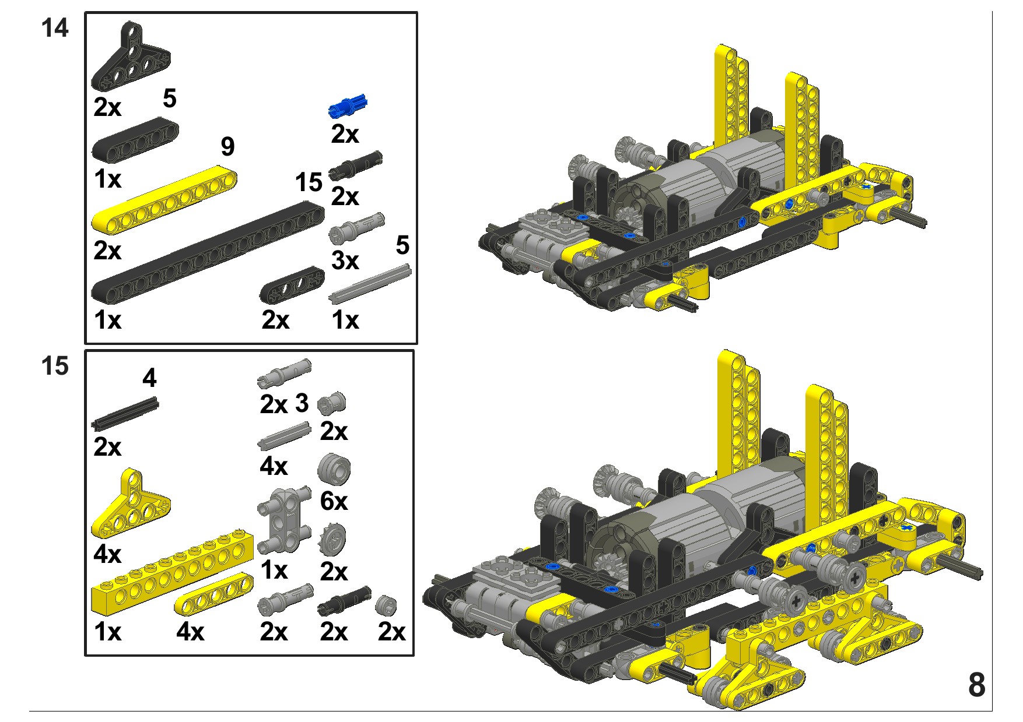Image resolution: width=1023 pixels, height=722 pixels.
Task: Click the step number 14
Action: pyautogui.click(x=55, y=28)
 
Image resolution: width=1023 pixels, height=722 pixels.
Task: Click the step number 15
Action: pyautogui.click(x=55, y=366)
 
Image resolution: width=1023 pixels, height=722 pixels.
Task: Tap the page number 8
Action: pyautogui.click(x=977, y=685)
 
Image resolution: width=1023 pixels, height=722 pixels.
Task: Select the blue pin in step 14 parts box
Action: pyautogui.click(x=348, y=106)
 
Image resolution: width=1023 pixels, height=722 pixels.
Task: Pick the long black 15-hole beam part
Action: pyautogui.click(x=208, y=252)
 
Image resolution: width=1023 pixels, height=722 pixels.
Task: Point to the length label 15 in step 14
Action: pyautogui.click(x=309, y=182)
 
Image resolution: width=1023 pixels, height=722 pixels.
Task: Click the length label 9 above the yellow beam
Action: pyautogui.click(x=228, y=147)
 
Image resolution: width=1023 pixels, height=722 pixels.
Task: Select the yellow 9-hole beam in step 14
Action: pyautogui.click(x=164, y=200)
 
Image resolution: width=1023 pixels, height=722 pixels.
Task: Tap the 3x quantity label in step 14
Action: pyautogui.click(x=345, y=260)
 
